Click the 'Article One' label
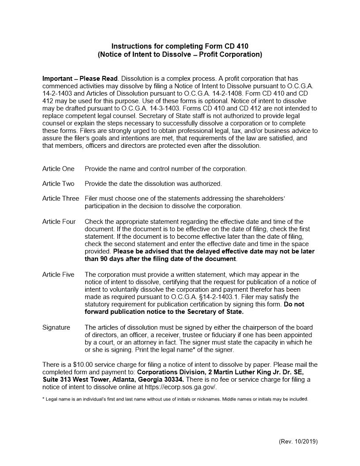pos(58,169)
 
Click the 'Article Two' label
pos(58,183)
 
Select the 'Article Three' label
pos(60,199)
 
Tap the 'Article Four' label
pos(59,222)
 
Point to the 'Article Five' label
pos(58,274)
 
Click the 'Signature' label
pos(56,327)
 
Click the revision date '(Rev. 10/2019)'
pos(298,441)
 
